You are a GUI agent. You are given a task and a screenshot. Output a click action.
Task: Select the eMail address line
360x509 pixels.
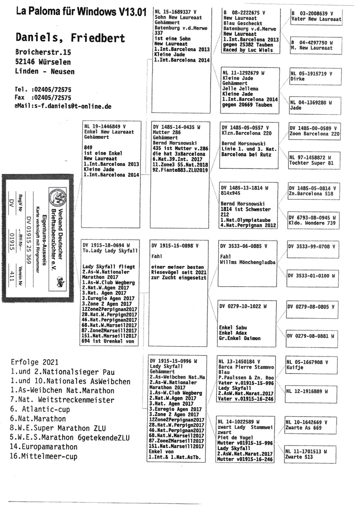63,106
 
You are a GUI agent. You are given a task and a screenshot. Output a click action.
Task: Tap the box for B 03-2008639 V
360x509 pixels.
316,17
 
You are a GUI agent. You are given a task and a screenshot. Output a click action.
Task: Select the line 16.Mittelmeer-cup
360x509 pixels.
44,457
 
